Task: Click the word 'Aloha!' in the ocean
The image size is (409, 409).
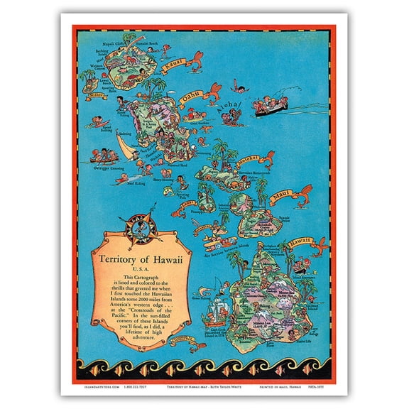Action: click(x=234, y=106)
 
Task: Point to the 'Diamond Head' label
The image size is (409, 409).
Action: click(x=177, y=166)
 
